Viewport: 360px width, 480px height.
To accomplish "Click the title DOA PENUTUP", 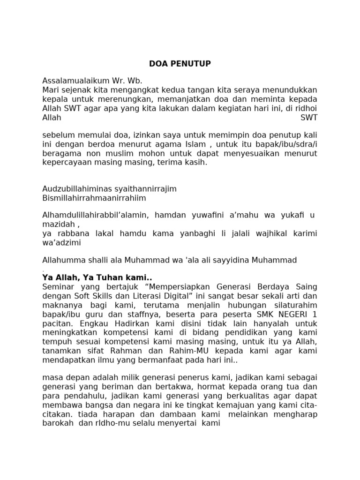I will tap(180, 64).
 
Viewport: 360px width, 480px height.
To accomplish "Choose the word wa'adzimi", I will tap(62, 243).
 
